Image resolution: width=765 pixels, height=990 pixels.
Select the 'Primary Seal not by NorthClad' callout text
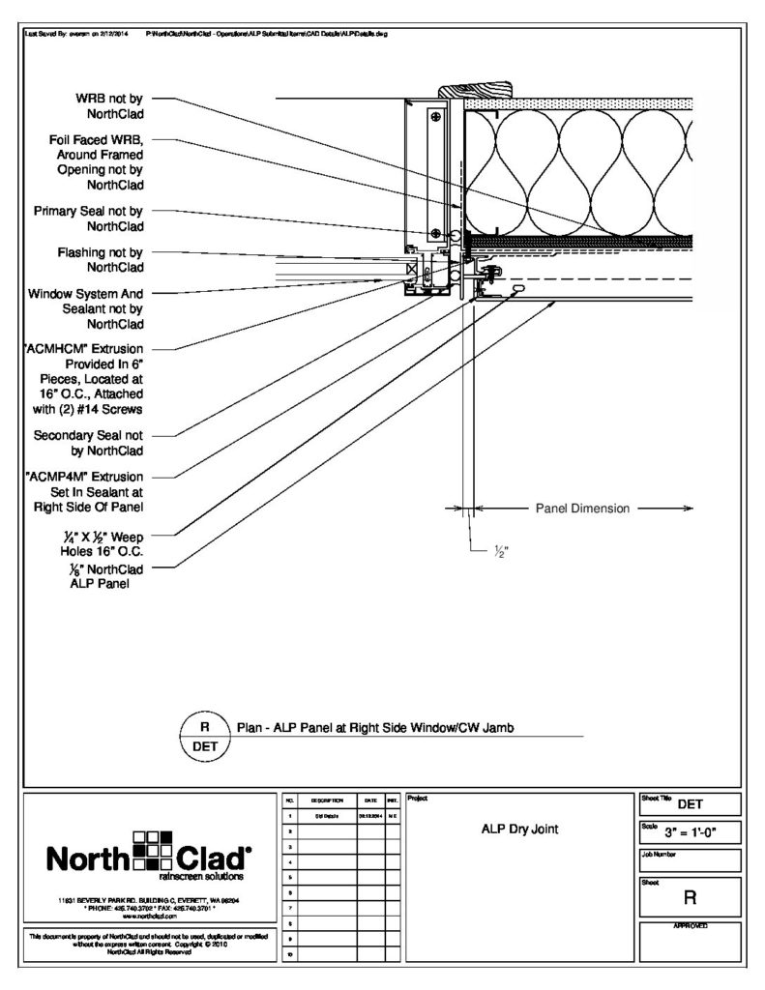pyautogui.click(x=89, y=218)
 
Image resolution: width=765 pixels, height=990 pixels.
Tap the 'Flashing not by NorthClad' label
pyautogui.click(x=101, y=259)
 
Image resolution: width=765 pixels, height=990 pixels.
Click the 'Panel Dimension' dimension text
pyautogui.click(x=582, y=508)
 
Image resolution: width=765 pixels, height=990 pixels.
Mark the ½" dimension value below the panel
pyautogui.click(x=501, y=552)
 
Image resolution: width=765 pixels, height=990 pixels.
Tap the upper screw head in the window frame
pyautogui.click(x=437, y=118)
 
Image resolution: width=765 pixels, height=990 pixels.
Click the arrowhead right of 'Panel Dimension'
pyautogui.click(x=688, y=508)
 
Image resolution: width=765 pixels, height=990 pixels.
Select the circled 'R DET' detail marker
pyautogui.click(x=204, y=736)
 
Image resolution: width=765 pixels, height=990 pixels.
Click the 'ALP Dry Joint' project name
pyautogui.click(x=519, y=829)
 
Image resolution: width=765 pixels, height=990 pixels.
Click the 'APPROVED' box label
pyautogui.click(x=691, y=926)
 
